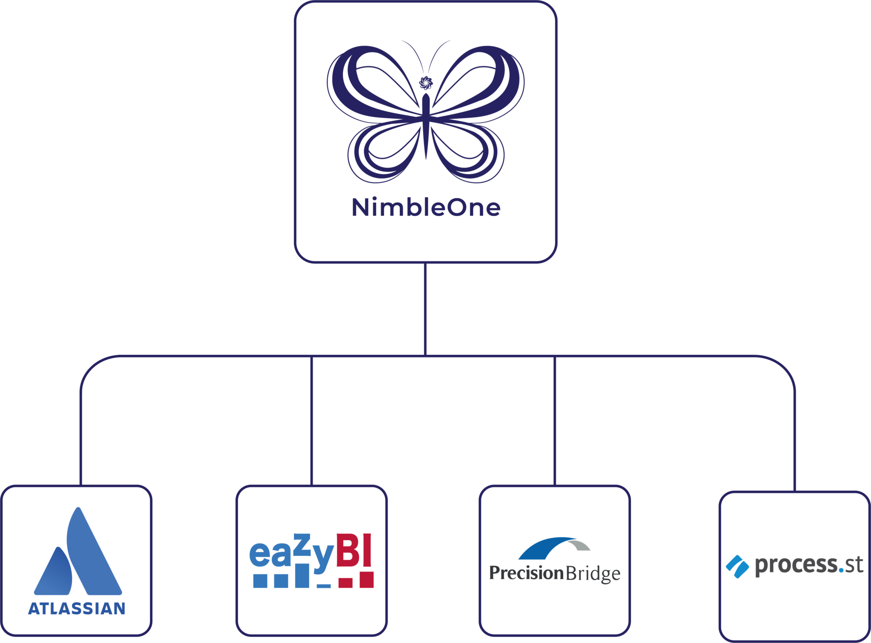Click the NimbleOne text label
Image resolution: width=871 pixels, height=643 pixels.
426,207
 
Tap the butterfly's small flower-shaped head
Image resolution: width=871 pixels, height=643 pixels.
426,82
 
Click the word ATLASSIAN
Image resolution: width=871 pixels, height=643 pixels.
77,609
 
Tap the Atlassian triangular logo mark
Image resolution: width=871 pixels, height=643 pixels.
79,552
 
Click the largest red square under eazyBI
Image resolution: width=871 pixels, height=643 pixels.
366,579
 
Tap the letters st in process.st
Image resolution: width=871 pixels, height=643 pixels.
854,565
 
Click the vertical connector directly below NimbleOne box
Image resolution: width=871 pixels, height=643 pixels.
425,308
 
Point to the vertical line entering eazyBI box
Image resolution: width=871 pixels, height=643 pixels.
312,421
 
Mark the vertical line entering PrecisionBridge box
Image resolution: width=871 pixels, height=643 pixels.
555,421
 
